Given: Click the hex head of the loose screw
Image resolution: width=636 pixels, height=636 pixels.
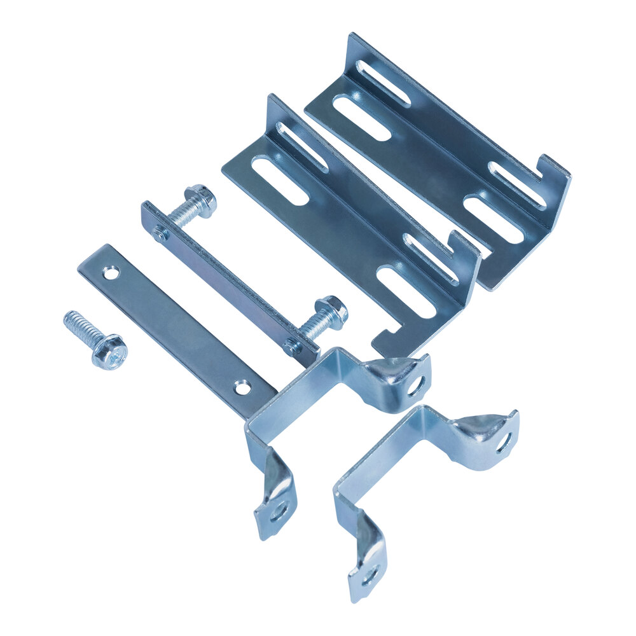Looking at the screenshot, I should click(x=109, y=352).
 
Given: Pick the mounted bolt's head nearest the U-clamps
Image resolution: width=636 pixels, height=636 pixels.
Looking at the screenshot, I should click(x=332, y=310).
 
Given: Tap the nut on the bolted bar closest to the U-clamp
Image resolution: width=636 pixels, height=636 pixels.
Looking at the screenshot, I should click(x=292, y=347).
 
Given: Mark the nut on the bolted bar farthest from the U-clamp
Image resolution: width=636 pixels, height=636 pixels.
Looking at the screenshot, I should click(x=159, y=233).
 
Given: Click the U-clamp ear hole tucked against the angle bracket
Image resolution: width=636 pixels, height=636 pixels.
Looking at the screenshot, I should click(x=417, y=385).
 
